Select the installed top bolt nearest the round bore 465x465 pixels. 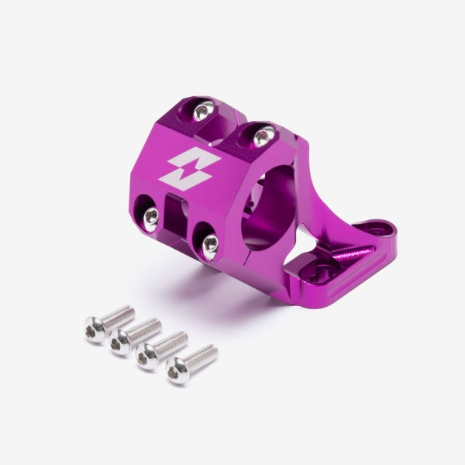coord(263,136)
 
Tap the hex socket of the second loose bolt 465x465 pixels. coord(120,340)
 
